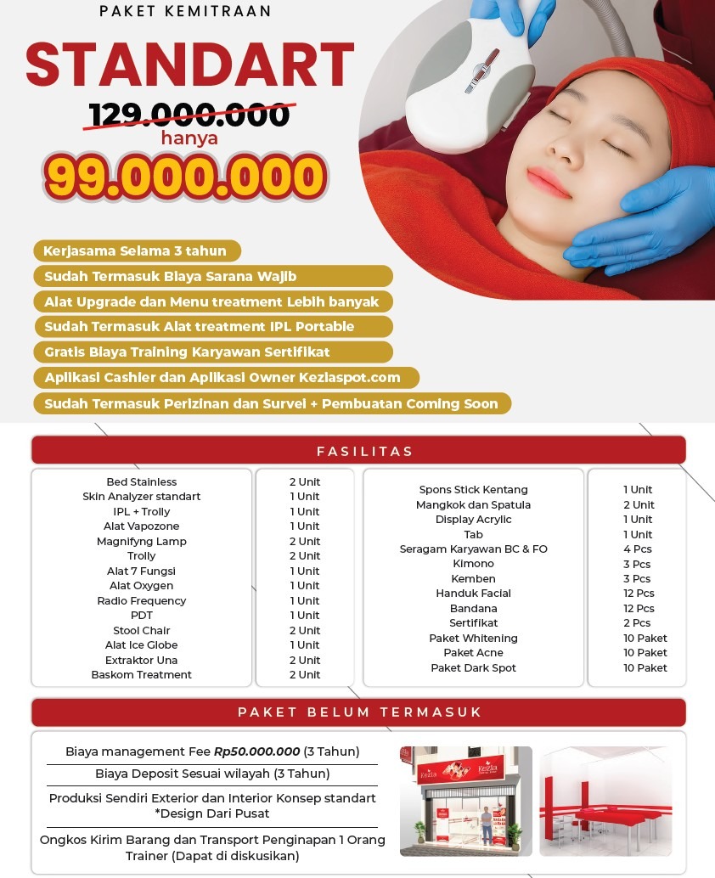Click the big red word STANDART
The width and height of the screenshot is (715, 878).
coord(190,65)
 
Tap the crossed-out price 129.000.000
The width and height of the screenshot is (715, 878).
coord(189,115)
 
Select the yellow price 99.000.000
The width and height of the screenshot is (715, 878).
coord(185,177)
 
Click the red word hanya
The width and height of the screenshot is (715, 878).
coord(189,138)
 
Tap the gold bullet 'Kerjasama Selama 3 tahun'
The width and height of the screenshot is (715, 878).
coord(136,250)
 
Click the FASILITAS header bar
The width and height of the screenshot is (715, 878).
coord(357,451)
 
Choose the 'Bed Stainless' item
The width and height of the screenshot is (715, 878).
coord(142,481)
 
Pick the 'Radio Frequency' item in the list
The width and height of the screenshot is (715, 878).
coord(142,600)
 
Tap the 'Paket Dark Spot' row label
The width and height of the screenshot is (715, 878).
coord(473,667)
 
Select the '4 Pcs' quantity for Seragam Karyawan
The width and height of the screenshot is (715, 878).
coord(638,549)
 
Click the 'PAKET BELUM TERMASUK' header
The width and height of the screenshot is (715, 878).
coord(357,712)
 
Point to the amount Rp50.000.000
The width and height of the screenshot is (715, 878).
coord(257,751)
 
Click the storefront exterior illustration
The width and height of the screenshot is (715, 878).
coord(465,801)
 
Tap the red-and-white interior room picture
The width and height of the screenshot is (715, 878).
coord(605,801)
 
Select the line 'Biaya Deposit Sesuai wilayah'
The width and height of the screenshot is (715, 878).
coord(212,774)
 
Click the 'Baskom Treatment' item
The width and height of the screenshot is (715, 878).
coord(142,675)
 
